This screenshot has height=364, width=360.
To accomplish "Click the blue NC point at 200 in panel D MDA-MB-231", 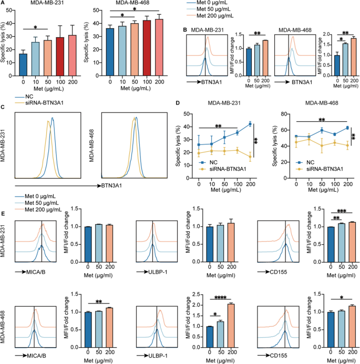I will click(250, 124).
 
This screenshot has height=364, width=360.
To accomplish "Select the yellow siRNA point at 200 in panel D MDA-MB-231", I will click(250, 156).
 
